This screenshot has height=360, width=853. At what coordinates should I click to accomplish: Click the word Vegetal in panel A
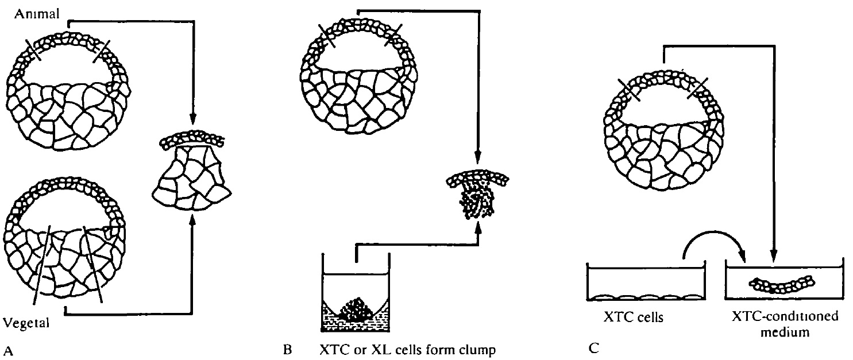(26, 323)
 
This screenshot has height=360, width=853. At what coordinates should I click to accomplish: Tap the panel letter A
(7, 348)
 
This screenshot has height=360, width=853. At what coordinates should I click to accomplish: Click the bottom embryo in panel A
(66, 244)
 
